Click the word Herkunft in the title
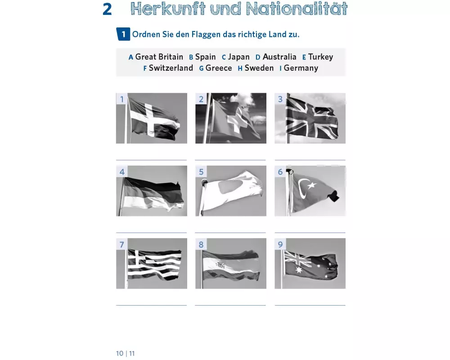(168, 9)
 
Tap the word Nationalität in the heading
(297, 9)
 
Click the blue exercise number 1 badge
(123, 34)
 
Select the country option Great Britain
(159, 57)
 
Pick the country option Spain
(206, 57)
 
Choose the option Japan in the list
(239, 57)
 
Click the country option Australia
(279, 57)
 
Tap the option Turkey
(320, 57)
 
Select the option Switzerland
(171, 68)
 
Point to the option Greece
(219, 68)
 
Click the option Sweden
(259, 68)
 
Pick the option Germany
(301, 68)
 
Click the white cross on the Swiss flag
(237, 120)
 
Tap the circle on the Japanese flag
(230, 187)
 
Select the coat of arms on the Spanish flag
(220, 265)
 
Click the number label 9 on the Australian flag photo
(280, 244)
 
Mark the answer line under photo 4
(152, 233)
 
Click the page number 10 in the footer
(120, 353)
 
